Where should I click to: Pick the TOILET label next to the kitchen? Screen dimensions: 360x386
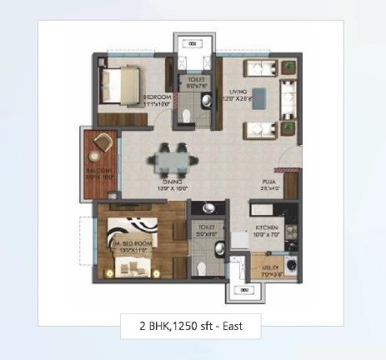[x=205, y=227]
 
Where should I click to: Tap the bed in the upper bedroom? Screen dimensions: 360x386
[x=118, y=82]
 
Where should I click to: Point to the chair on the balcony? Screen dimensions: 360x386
[x=103, y=142]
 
